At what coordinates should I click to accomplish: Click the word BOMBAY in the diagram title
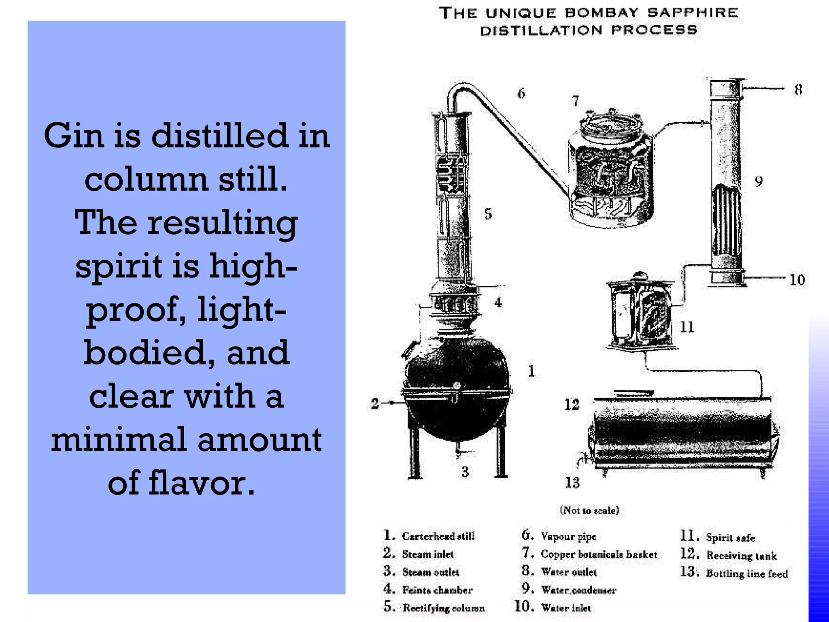602,13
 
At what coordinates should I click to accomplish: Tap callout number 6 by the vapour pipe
521,94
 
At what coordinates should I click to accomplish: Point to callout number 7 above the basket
575,100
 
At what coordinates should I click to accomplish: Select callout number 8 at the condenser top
798,89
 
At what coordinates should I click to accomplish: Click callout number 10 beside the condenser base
797,280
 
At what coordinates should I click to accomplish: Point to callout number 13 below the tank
572,483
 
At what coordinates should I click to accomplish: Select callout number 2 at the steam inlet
375,403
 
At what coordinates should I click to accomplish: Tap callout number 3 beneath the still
465,472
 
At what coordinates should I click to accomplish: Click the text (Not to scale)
589,510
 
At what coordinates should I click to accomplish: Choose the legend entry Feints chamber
437,590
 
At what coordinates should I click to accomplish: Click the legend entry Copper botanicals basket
599,554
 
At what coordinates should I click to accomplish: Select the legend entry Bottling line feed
746,573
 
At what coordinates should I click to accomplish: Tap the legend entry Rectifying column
443,608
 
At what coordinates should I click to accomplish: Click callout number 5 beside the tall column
488,214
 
